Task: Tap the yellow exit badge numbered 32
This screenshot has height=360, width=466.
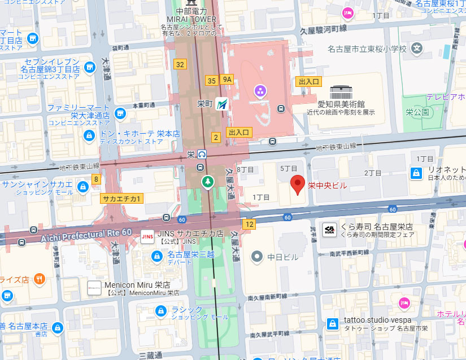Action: click(x=180, y=64)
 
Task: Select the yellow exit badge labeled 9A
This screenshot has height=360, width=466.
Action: click(x=227, y=80)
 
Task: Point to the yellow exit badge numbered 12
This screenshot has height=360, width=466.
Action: click(x=250, y=225)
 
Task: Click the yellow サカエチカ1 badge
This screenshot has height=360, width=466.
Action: click(x=122, y=198)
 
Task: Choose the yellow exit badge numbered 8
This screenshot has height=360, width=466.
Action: click(x=96, y=179)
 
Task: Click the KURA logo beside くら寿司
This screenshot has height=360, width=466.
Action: click(x=330, y=230)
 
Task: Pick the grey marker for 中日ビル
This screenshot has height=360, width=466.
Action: click(x=257, y=257)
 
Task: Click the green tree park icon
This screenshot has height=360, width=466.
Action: click(x=208, y=182)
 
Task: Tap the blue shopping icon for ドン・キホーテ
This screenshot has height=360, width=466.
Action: click(x=89, y=135)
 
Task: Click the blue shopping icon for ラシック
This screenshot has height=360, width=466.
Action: click(x=161, y=311)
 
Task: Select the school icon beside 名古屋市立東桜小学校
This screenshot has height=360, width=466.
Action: click(x=417, y=49)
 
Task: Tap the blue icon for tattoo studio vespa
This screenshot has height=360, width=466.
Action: click(x=333, y=323)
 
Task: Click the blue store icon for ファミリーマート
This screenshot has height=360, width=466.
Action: click(x=120, y=114)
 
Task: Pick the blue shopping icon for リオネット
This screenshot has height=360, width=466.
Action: click(x=416, y=173)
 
